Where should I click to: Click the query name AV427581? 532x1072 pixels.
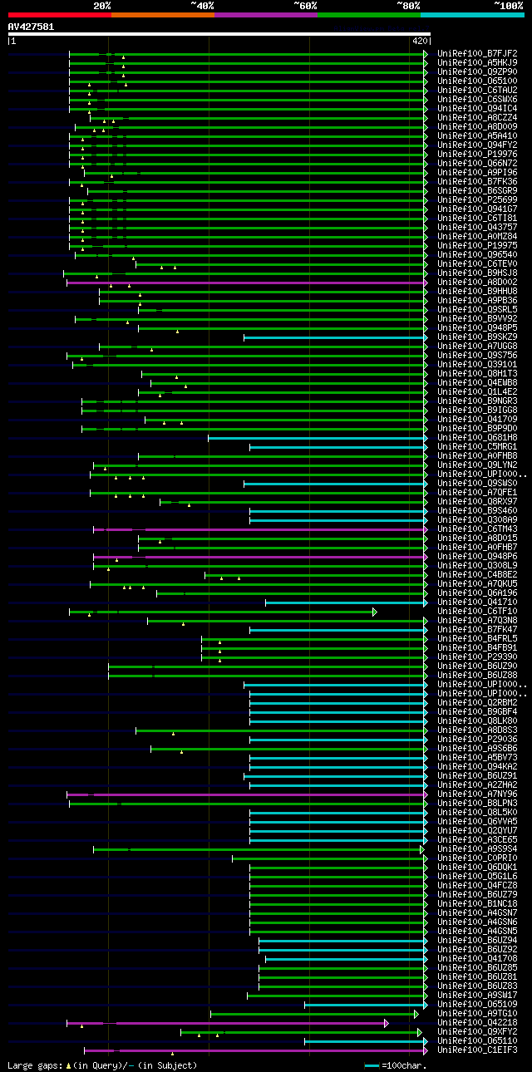[31, 27]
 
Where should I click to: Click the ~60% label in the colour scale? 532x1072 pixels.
[305, 5]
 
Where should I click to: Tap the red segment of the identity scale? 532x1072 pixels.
[59, 14]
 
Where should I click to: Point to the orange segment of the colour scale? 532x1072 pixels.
[162, 14]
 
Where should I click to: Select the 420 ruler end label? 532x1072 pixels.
[419, 41]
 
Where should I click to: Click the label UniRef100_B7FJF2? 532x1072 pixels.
[477, 54]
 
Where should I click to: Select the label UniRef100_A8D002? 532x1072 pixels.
[477, 283]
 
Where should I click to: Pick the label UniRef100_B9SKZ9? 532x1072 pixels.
[477, 337]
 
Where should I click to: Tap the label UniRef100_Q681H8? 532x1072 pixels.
[477, 438]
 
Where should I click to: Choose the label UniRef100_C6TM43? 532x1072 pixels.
[477, 529]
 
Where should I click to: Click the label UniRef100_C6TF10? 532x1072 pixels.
[477, 612]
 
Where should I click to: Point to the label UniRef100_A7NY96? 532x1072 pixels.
[477, 794]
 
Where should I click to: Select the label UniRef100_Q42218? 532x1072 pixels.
[477, 1023]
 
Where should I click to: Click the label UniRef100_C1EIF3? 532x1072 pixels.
[477, 1050]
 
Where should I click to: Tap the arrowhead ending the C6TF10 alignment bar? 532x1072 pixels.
[375, 612]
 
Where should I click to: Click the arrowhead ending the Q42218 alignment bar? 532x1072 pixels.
[386, 1023]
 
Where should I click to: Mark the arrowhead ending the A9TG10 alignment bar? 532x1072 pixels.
[416, 1014]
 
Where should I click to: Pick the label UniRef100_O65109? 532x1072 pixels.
[477, 1005]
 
